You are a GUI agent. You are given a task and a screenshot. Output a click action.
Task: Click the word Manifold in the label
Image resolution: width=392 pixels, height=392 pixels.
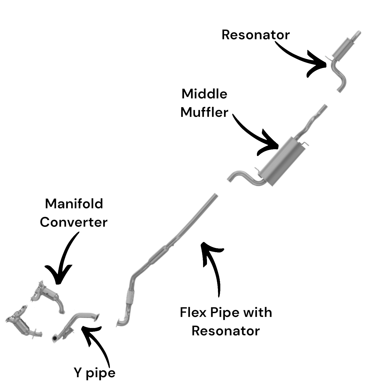pos(74,204)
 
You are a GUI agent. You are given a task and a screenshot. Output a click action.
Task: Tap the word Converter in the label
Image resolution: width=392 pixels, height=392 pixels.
pos(73,222)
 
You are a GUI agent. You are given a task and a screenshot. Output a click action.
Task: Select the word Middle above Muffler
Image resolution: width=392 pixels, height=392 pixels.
pos(204,94)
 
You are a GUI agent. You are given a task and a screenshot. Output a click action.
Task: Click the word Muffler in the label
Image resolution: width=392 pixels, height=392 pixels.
pos(204,112)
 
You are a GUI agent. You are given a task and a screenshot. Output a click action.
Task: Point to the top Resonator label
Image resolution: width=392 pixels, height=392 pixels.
pos(255,35)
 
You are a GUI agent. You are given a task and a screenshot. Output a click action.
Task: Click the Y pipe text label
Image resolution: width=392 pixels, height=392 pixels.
pos(94,373)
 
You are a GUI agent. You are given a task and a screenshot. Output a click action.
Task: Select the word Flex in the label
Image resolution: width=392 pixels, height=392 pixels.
pos(193,312)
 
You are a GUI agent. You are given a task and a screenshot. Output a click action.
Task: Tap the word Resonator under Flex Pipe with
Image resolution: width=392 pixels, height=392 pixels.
pos(226,331)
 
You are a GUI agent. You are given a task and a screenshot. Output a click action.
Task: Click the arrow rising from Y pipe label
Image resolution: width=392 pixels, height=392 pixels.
pos(97,342)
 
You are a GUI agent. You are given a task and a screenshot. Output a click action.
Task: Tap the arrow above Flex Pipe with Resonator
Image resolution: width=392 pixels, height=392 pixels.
pos(213,267)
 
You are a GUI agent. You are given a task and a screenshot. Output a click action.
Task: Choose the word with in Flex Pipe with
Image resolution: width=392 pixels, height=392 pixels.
pos(257,312)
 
